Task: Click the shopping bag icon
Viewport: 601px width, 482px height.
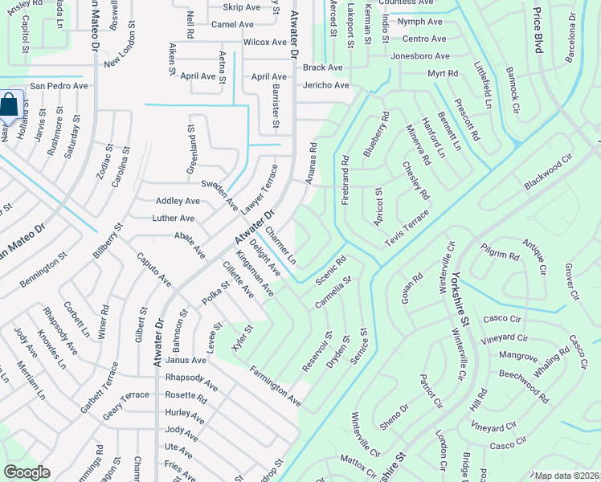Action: (x=8, y=105)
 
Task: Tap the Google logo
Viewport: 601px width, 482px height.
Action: (x=27, y=472)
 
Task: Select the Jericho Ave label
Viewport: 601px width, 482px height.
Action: (x=326, y=85)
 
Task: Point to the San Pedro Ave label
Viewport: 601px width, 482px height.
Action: (x=59, y=85)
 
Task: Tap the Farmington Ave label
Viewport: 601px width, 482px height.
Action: (x=275, y=385)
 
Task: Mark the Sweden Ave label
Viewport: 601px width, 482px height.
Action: (x=219, y=195)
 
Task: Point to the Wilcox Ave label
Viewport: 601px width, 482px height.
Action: (x=265, y=42)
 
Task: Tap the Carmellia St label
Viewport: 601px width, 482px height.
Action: (x=333, y=292)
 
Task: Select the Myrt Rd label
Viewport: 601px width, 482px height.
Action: (x=443, y=73)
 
